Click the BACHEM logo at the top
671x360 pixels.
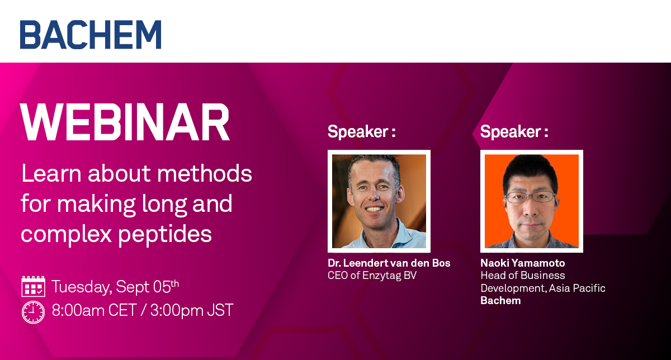tap(91, 35)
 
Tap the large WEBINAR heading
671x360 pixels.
tap(125, 122)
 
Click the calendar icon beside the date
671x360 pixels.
tap(33, 286)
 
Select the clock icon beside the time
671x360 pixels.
tap(33, 312)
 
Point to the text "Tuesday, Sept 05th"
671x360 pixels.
tap(115, 287)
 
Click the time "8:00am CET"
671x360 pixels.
tap(94, 310)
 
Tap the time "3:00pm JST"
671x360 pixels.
tap(192, 310)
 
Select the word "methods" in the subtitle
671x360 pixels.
tap(205, 173)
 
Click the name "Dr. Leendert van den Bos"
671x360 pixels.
tap(389, 263)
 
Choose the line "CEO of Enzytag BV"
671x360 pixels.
tap(372, 275)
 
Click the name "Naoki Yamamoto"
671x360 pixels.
tap(523, 263)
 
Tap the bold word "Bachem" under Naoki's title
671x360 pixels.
tap(500, 300)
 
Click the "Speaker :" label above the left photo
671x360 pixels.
tap(362, 131)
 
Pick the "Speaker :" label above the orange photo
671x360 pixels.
tap(514, 131)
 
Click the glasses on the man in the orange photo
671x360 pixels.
tap(530, 197)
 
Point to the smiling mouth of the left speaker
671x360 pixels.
tap(374, 209)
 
